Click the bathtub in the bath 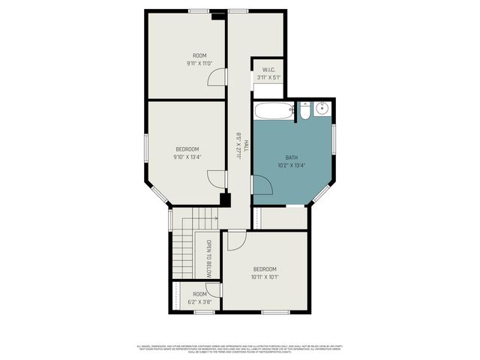click(272, 112)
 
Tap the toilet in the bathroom click(305, 112)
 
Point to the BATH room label click(291, 157)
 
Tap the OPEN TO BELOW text click(209, 258)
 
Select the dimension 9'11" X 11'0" click(199, 64)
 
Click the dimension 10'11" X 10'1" click(265, 277)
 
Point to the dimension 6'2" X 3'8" click(199, 301)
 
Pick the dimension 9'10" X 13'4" click(187, 157)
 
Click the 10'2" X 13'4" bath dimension click(291, 165)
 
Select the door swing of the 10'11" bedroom click(235, 240)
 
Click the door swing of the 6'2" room click(214, 289)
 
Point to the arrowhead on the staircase click(216, 219)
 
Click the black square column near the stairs click(223, 199)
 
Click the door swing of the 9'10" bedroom click(215, 179)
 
